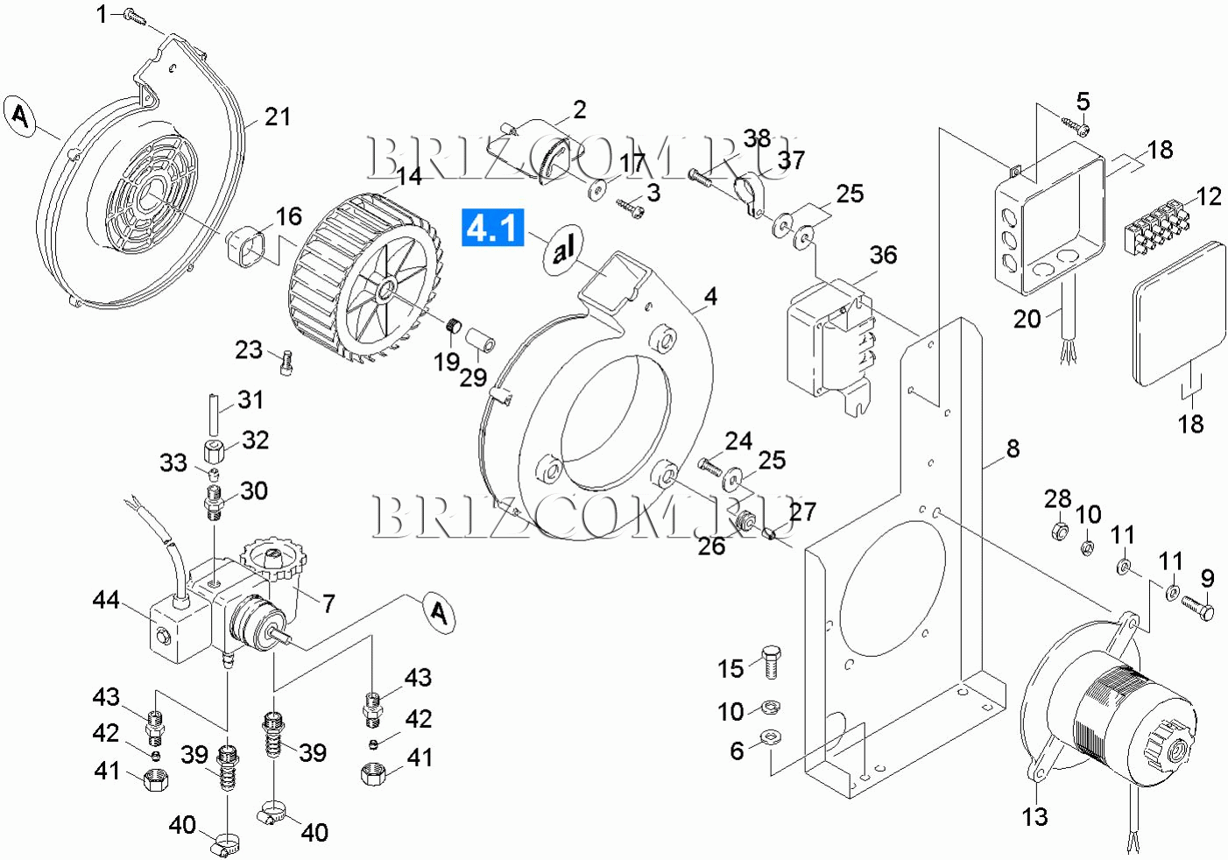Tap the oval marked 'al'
pyautogui.click(x=563, y=251)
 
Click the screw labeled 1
pyautogui.click(x=135, y=16)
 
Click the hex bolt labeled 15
pyautogui.click(x=770, y=662)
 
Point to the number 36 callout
pyautogui.click(x=883, y=255)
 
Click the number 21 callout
pyautogui.click(x=278, y=116)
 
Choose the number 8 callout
pyautogui.click(x=1013, y=448)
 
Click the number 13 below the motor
pyautogui.click(x=1034, y=817)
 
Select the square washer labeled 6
pyautogui.click(x=772, y=737)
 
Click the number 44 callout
pyautogui.click(x=106, y=600)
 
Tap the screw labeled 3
pyautogui.click(x=632, y=207)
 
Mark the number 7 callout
pyautogui.click(x=328, y=603)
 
